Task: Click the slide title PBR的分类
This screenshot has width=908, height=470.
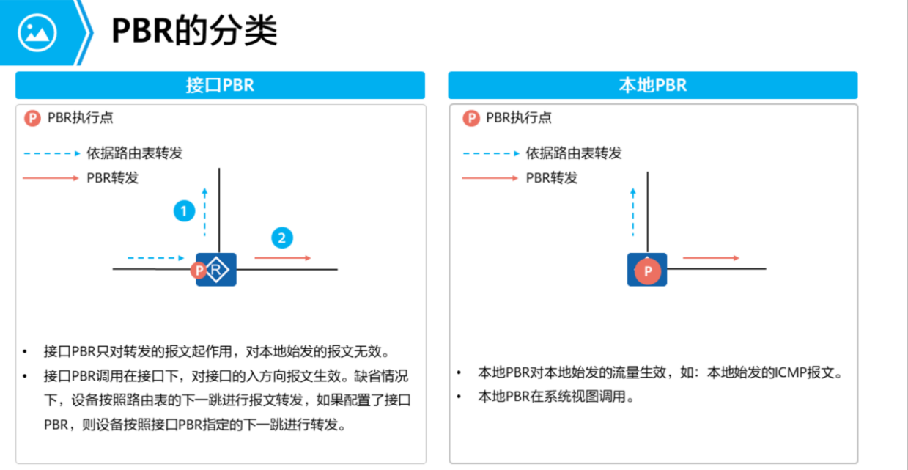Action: (x=194, y=32)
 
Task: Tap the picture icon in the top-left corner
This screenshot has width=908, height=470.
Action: (x=37, y=32)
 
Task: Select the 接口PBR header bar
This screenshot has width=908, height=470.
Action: (x=220, y=85)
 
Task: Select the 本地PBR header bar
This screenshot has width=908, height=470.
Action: (x=652, y=85)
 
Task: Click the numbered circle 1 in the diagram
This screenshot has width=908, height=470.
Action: (x=184, y=211)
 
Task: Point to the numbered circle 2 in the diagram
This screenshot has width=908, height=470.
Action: (x=281, y=238)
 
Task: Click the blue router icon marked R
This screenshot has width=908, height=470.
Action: (x=216, y=271)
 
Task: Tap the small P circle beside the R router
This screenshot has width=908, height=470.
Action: (x=198, y=271)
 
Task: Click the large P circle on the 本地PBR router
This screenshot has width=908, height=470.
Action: (x=647, y=271)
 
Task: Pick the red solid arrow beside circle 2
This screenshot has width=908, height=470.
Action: (x=282, y=258)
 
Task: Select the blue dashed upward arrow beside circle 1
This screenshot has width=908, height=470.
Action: (x=205, y=212)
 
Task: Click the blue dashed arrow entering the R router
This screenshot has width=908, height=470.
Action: (x=155, y=258)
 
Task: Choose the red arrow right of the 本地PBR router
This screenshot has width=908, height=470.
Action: (x=710, y=258)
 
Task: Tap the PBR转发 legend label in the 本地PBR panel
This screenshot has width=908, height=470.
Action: (x=552, y=177)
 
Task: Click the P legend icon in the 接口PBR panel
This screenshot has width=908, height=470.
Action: (x=32, y=118)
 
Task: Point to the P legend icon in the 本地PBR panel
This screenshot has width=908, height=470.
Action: (x=471, y=118)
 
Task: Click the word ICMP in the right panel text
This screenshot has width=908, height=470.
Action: (x=788, y=372)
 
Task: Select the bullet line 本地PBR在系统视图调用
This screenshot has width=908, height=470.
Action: (x=555, y=397)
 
